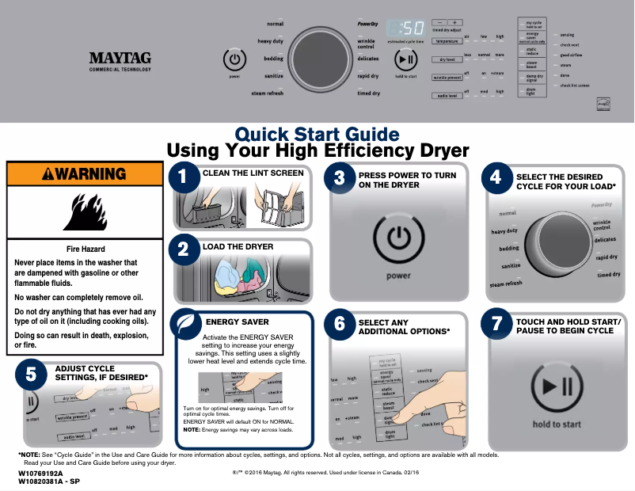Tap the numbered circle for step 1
point(184,178)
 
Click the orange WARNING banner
point(85,173)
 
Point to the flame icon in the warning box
point(85,211)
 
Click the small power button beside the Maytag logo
point(234,59)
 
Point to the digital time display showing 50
point(405,26)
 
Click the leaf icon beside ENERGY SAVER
point(187,324)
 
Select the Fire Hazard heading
point(85,249)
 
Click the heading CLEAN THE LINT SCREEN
point(253,173)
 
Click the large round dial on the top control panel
point(317,58)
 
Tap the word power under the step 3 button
point(399,276)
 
